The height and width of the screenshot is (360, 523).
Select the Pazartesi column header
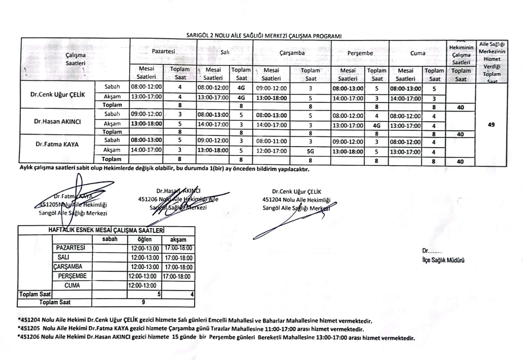point(164,52)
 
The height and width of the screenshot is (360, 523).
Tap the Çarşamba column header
point(292,52)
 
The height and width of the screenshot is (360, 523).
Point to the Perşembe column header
point(361,52)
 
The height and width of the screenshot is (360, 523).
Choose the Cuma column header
point(419,52)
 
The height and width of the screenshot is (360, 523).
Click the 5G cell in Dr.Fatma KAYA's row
point(311,151)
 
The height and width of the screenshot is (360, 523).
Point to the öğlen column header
point(143,239)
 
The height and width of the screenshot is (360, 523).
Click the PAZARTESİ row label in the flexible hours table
point(71,248)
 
